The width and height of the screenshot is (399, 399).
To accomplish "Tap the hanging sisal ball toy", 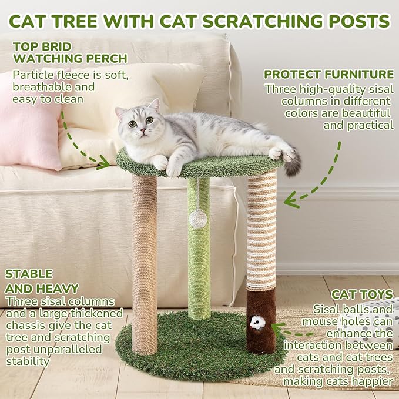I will (x=196, y=217).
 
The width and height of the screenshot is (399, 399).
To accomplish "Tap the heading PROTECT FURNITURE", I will (x=328, y=75).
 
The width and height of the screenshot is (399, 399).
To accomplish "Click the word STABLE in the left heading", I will (x=29, y=274).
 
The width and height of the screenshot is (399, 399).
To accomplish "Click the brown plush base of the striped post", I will (x=261, y=320).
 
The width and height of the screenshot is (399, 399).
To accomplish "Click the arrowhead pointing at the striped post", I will (x=289, y=202).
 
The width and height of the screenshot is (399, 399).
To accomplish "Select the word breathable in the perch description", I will (x=41, y=87).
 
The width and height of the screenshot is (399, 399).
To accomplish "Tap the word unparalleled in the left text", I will (x=82, y=350).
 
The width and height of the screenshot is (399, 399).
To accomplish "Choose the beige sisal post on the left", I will (x=144, y=264).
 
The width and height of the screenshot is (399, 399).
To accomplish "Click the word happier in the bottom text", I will (x=371, y=381).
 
